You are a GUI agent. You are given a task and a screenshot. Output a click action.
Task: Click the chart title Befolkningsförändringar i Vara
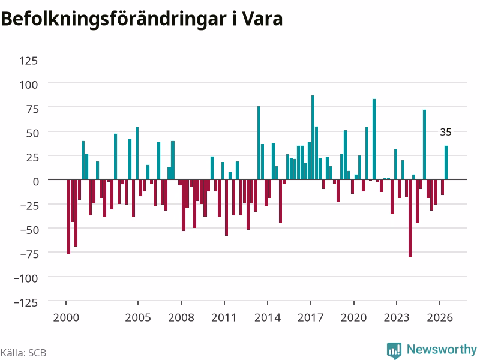[x=142, y=19]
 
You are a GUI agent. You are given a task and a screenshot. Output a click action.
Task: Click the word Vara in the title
[x=262, y=19]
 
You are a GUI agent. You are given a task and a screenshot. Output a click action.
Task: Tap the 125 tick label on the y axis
[x=28, y=61]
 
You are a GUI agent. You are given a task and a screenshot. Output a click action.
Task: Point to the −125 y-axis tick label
[x=26, y=303]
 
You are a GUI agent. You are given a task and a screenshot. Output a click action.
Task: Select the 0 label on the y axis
[x=36, y=182]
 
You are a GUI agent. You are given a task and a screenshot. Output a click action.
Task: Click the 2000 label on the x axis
[x=66, y=317]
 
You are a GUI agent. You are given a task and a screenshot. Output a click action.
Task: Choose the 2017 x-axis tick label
[x=310, y=317]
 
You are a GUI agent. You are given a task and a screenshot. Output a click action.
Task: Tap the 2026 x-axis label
[x=440, y=317]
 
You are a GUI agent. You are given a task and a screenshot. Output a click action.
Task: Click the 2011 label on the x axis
[x=224, y=317]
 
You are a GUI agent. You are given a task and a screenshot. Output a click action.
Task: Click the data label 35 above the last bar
[x=446, y=132]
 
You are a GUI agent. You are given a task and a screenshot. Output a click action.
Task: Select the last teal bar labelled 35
[x=446, y=163]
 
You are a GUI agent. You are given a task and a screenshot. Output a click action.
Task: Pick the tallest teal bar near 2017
[x=313, y=137]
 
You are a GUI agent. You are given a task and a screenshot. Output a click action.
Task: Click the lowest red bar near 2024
[x=410, y=218]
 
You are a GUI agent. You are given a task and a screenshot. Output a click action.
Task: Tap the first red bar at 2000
[x=68, y=217]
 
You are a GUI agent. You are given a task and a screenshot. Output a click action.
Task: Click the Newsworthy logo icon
[x=394, y=350]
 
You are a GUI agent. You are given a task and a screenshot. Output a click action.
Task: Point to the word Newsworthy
[x=442, y=349]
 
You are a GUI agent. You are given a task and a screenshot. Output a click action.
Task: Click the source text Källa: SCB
[x=23, y=353]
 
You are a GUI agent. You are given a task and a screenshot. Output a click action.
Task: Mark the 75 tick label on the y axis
[x=32, y=109]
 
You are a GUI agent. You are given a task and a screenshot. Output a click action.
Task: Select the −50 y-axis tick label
[x=29, y=230]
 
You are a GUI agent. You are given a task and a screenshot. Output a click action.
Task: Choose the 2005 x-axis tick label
[x=138, y=317]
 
